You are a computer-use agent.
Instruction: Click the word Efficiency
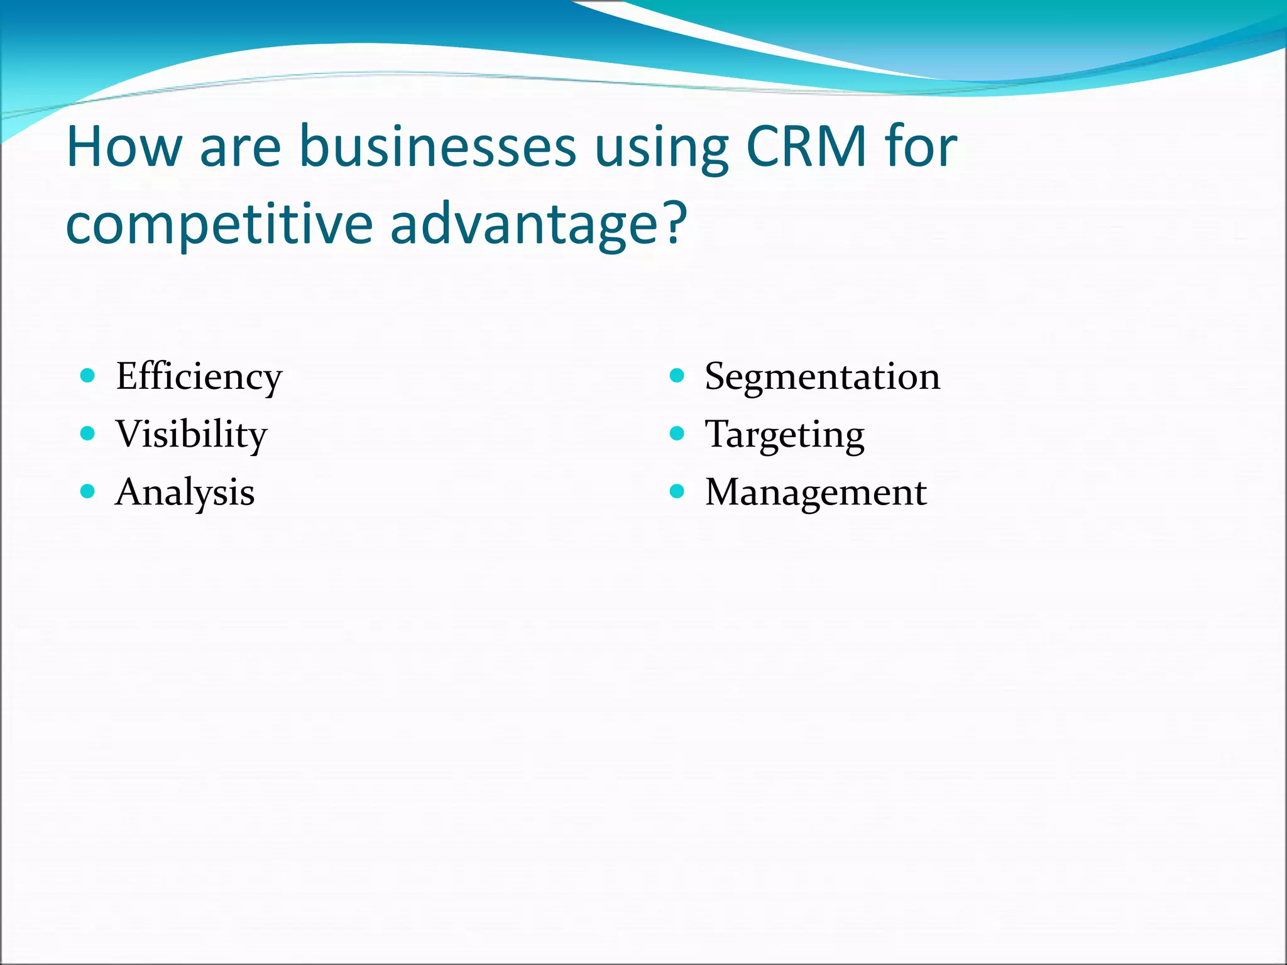coord(199,377)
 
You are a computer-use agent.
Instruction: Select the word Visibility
coord(191,435)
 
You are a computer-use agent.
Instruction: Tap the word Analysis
coord(185,493)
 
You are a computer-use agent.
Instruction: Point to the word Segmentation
coord(822,377)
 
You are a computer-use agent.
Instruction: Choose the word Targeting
coord(784,435)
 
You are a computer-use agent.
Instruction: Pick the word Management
coord(815,493)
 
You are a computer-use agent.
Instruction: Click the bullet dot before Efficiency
coord(88,376)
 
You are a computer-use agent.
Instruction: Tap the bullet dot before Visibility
coord(88,433)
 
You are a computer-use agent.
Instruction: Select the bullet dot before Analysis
coord(88,491)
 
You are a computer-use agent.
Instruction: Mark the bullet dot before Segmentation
coord(677,376)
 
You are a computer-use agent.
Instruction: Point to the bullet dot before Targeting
coord(677,433)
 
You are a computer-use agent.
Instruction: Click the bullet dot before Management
coord(677,491)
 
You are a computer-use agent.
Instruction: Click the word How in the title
coord(123,147)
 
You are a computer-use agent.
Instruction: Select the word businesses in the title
coord(437,147)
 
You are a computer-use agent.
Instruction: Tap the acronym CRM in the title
coord(806,147)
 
